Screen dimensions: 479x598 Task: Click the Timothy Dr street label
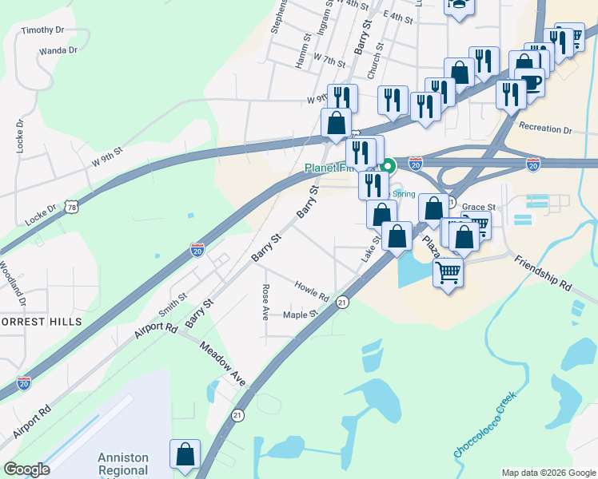coord(42,30)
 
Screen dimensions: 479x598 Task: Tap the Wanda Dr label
coord(58,50)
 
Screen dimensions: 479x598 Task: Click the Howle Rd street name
coord(312,291)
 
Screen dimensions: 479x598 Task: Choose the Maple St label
coord(301,315)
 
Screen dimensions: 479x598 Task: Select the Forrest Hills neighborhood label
coord(40,321)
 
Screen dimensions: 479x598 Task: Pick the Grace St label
coord(479,207)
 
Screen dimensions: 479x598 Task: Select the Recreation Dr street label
coord(545,129)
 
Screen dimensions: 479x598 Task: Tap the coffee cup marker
coord(530,81)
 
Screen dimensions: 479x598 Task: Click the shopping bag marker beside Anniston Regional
coord(185,454)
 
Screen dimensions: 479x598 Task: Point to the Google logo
coord(26,469)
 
